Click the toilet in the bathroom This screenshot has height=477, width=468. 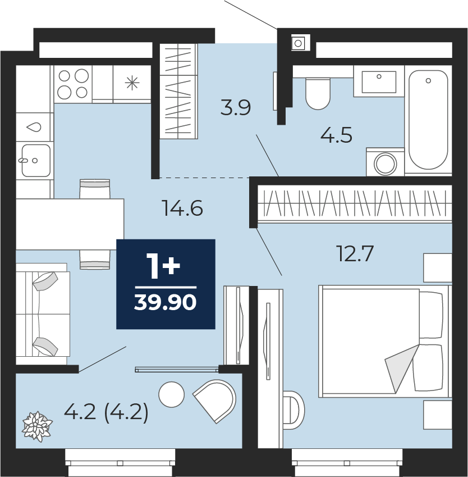pyautogui.click(x=318, y=93)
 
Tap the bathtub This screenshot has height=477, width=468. pyautogui.click(x=428, y=120)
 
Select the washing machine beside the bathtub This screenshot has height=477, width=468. pyautogui.click(x=386, y=162)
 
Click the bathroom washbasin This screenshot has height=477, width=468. pyautogui.click(x=379, y=81)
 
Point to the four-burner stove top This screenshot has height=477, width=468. pyautogui.click(x=73, y=84)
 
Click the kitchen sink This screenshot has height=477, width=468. pyautogui.click(x=36, y=160)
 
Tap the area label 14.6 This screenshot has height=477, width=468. pyautogui.click(x=182, y=208)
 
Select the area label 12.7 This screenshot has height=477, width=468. pyautogui.click(x=355, y=254)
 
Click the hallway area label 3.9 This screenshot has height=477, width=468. pyautogui.click(x=236, y=107)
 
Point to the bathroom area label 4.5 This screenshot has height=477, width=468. pyautogui.click(x=337, y=135)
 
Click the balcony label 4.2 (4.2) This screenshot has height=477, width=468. pyautogui.click(x=107, y=412)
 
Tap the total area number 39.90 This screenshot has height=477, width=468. pyautogui.click(x=166, y=303)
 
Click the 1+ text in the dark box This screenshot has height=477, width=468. pyautogui.click(x=163, y=266)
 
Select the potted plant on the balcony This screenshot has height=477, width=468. pyautogui.click(x=37, y=426)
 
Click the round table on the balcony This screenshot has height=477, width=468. pyautogui.click(x=171, y=394)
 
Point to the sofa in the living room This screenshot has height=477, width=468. pyautogui.click(x=43, y=314)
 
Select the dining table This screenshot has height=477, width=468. pyautogui.click(x=70, y=224)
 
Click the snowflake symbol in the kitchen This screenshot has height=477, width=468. pyautogui.click(x=132, y=83)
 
